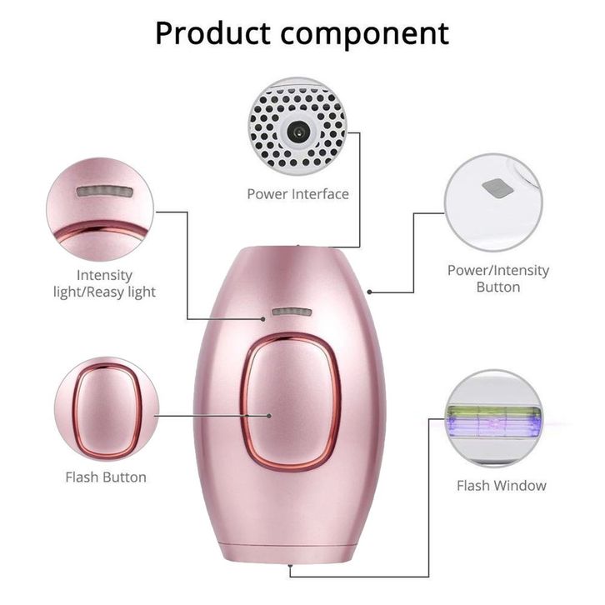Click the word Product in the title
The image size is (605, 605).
point(212,33)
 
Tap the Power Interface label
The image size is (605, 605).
point(297,193)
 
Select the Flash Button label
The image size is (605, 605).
point(106,477)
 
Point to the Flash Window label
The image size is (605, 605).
point(502,485)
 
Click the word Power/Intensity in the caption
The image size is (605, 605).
point(498,271)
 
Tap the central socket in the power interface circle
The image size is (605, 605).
point(297,132)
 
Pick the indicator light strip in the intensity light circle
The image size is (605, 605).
point(105,192)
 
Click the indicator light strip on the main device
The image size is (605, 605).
point(292,312)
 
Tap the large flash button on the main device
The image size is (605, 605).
point(292,402)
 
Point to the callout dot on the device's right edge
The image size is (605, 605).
point(369,292)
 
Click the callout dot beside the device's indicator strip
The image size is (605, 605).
point(263,319)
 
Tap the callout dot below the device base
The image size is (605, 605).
point(290,566)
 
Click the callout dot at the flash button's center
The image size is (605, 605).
point(269,416)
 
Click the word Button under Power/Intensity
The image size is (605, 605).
point(498,287)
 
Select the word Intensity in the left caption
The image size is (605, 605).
point(104,276)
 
